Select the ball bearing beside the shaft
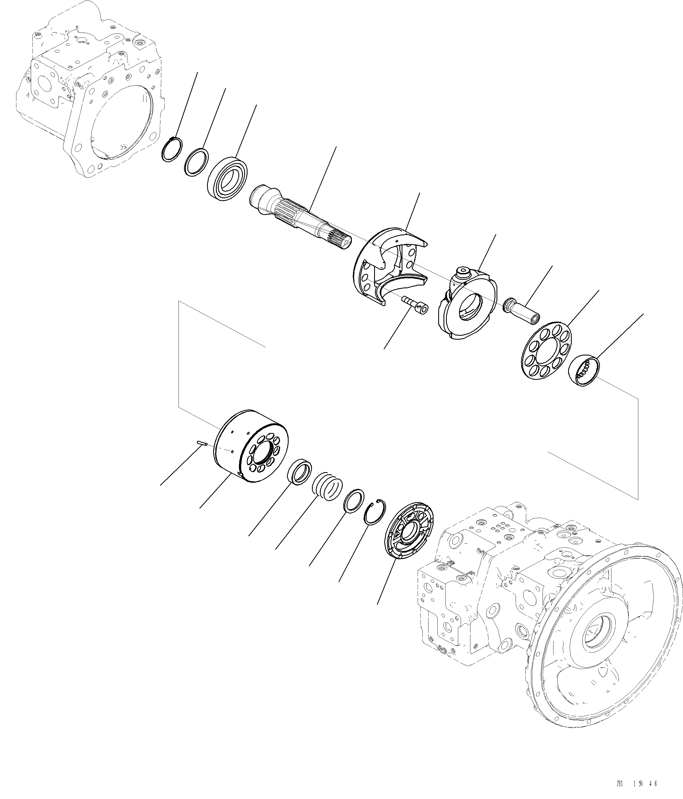click(x=227, y=178)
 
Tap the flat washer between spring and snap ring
click(x=354, y=501)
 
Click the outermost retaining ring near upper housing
click(x=170, y=150)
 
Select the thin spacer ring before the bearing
click(x=196, y=162)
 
